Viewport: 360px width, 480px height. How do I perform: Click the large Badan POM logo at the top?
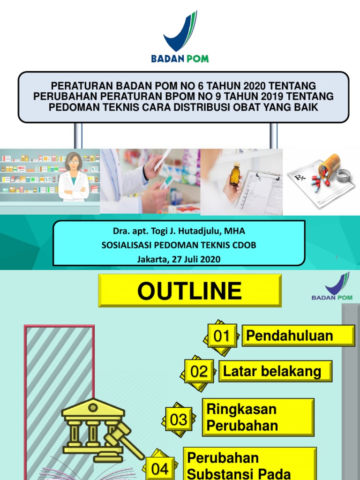[180, 37]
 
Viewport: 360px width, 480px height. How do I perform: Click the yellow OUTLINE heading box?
[189, 291]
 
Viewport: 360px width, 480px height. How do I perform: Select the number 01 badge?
[222, 336]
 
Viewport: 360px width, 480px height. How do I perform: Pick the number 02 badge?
[199, 372]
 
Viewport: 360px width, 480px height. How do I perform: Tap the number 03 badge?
[178, 419]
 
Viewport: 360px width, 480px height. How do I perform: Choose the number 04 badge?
[160, 469]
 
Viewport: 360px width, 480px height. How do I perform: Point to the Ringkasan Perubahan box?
[258, 417]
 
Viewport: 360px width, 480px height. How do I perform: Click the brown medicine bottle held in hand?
[234, 174]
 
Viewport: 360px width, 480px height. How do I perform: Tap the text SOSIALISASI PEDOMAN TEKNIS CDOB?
[179, 245]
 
